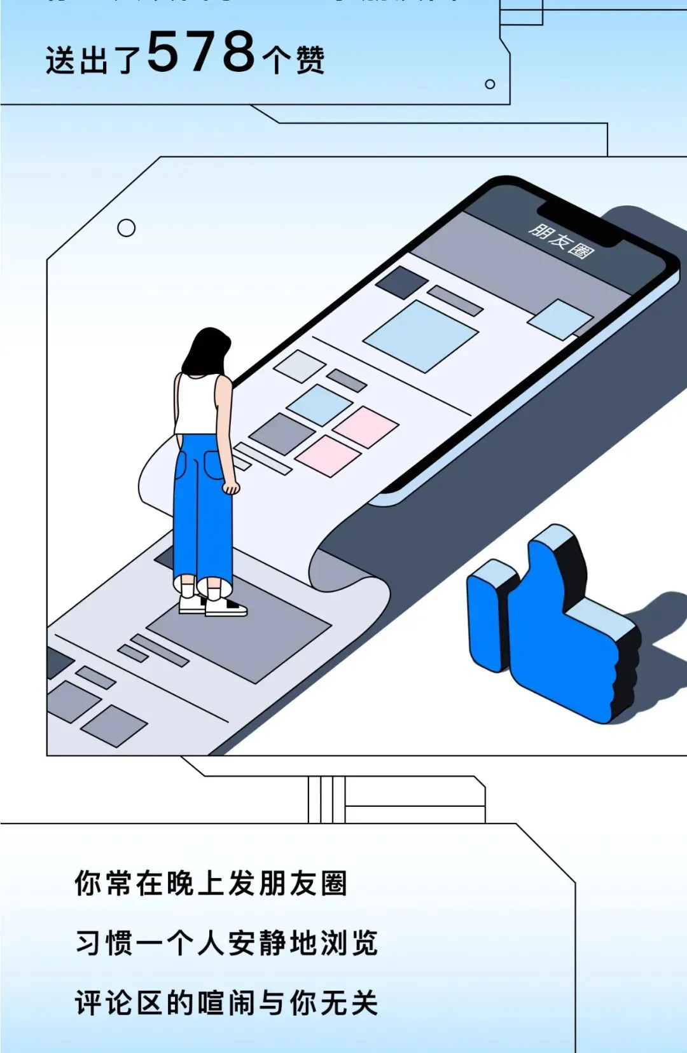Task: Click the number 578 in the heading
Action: click(x=201, y=52)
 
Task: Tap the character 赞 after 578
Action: click(x=310, y=60)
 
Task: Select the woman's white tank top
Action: click(x=197, y=404)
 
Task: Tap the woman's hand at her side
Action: click(x=230, y=487)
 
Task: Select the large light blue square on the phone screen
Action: click(x=420, y=336)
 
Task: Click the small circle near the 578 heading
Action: click(x=490, y=84)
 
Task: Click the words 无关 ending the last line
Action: click(x=349, y=1003)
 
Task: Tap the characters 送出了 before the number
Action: click(x=92, y=61)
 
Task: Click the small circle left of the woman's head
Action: click(x=127, y=228)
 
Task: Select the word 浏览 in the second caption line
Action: click(x=349, y=943)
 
